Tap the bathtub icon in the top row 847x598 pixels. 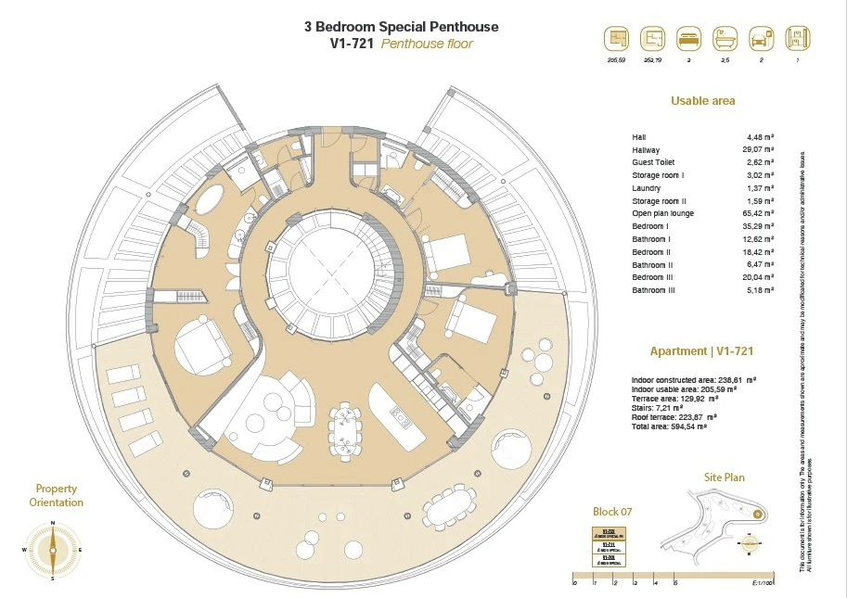click(x=723, y=39)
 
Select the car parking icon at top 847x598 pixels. click(x=759, y=39)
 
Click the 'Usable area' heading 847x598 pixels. click(x=702, y=101)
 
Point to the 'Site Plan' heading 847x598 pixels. click(x=725, y=478)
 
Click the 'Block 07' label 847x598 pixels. click(x=611, y=512)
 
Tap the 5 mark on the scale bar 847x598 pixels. click(x=675, y=583)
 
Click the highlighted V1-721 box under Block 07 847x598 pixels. click(x=610, y=534)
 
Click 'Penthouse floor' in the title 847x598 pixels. click(x=427, y=44)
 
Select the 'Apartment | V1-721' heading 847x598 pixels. click(x=700, y=352)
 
